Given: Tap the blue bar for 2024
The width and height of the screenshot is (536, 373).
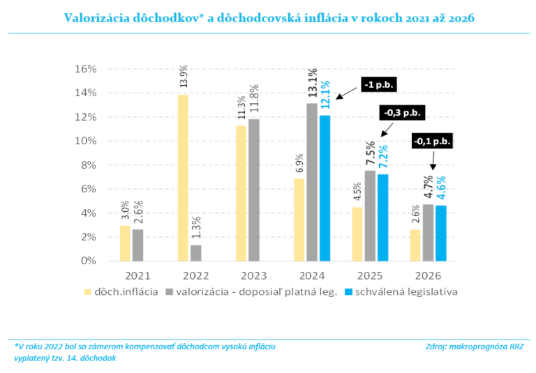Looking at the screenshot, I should coord(325,188).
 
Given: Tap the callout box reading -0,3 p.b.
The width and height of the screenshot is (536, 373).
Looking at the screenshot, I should coord(403,112).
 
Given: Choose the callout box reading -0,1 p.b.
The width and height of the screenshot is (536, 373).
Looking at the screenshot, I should coord(432,141).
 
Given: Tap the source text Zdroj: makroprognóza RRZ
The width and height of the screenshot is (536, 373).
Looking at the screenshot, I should coord(474,346).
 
